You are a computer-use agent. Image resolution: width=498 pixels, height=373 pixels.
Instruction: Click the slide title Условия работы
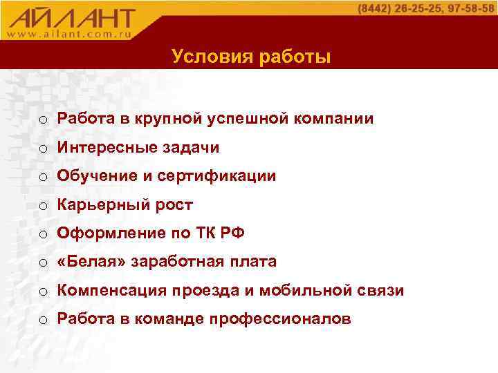(x=252, y=57)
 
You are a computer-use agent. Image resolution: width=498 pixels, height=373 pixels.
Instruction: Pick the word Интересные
(x=103, y=147)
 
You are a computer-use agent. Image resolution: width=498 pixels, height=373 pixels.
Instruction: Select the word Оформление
(x=107, y=233)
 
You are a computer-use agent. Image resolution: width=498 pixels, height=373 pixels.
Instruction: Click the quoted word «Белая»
(x=86, y=262)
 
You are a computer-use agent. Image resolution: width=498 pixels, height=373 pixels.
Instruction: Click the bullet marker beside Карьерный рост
(x=44, y=205)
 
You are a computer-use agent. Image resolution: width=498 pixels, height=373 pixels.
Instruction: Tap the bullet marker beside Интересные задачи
(x=44, y=148)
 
